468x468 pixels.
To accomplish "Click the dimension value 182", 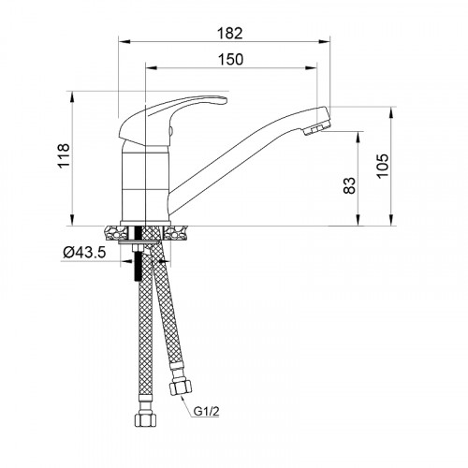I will tap(227, 33).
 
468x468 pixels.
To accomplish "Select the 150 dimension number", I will tap(229, 60).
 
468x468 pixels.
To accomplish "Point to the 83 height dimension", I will tap(349, 185).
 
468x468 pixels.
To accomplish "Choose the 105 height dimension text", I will tap(380, 167).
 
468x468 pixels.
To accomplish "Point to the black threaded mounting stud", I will tap(139, 267).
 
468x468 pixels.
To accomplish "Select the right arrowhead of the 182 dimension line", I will tap(329, 42).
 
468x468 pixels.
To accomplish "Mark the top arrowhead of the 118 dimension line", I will tap(72, 95).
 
